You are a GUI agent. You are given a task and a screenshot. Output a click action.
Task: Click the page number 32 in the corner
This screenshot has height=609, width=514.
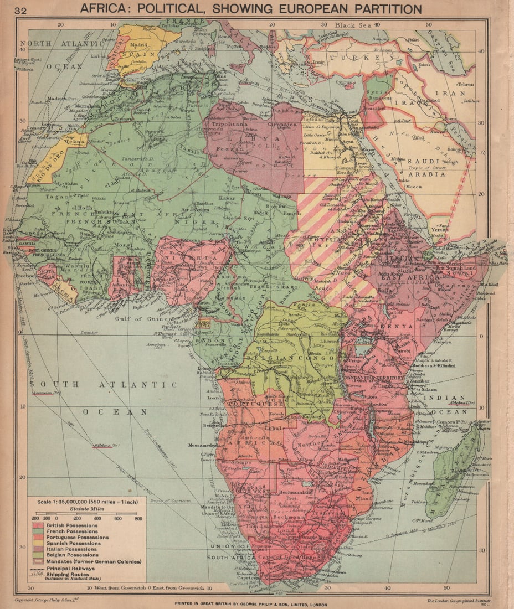click(x=21, y=11)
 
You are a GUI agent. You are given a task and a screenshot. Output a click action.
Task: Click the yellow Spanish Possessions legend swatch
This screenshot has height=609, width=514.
click(x=39, y=543)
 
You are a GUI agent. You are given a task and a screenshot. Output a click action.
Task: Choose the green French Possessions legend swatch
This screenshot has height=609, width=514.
click(x=39, y=531)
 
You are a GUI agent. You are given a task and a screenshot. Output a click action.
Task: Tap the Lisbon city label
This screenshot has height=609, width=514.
click(x=100, y=56)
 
